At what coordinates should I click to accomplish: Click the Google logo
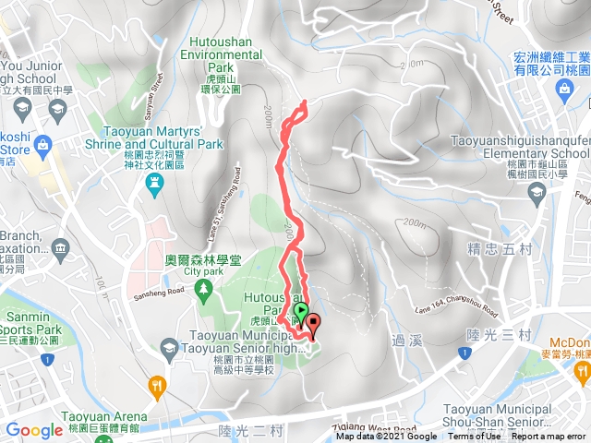click(x=34, y=430)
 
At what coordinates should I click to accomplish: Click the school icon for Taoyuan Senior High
click(x=168, y=348)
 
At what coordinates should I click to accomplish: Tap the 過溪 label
click(x=404, y=338)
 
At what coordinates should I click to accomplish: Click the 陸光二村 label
click(x=243, y=430)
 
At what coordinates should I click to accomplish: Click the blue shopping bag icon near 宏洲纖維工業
click(x=562, y=89)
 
